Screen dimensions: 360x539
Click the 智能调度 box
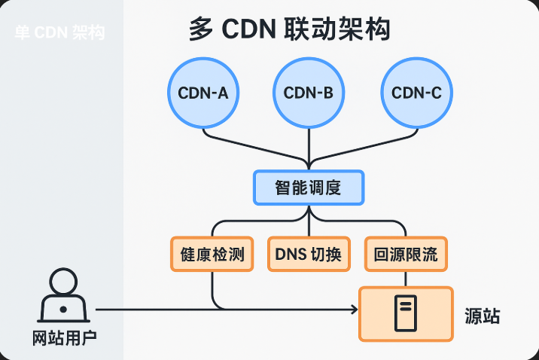(x=309, y=188)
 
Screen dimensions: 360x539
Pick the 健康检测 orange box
(x=209, y=255)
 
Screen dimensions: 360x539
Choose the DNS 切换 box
(x=309, y=255)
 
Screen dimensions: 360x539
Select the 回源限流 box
(x=406, y=255)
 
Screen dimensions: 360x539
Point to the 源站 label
(x=483, y=316)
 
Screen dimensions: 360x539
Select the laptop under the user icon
(x=64, y=308)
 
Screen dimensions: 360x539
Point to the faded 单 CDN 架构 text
(x=60, y=33)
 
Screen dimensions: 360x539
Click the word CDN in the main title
(x=250, y=30)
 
